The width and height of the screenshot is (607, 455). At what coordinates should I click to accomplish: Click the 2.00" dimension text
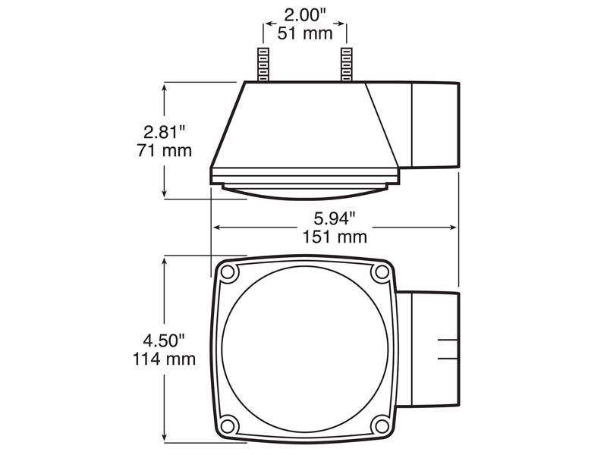click(x=305, y=14)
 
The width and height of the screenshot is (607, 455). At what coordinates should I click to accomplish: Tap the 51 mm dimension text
click(x=305, y=33)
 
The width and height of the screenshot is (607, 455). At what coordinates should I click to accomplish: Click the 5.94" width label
click(x=335, y=218)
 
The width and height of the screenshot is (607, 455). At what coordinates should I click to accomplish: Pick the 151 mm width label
click(x=335, y=237)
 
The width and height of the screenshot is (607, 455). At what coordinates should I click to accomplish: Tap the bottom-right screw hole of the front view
click(x=378, y=424)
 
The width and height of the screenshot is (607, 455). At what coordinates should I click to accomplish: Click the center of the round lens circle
click(x=304, y=348)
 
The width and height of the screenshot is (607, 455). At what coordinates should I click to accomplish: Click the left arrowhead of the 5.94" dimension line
click(x=217, y=227)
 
